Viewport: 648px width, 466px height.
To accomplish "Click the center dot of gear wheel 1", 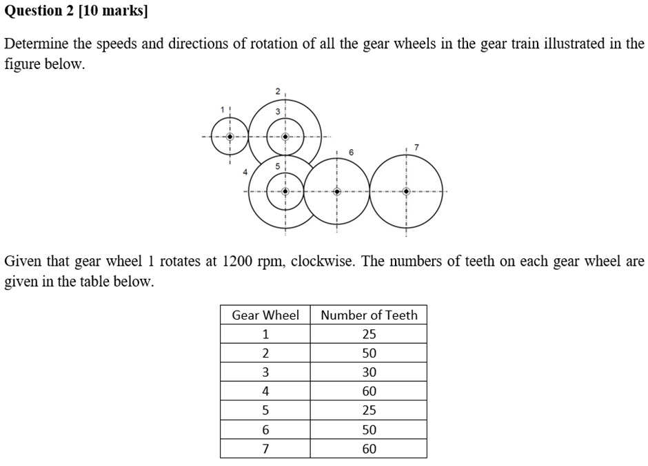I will pyautogui.click(x=230, y=137).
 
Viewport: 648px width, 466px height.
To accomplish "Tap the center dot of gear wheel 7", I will pyautogui.click(x=406, y=191).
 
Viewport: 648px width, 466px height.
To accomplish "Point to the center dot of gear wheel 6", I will pyautogui.click(x=336, y=191).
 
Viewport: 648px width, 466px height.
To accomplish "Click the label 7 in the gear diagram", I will pyautogui.click(x=415, y=146).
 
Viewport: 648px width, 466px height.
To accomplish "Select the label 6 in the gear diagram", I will pyautogui.click(x=351, y=151).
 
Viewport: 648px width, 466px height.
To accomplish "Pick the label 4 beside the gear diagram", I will pyautogui.click(x=245, y=172).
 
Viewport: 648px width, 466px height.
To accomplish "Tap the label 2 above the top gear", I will pyautogui.click(x=278, y=91).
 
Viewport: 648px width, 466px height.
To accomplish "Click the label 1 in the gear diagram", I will pyautogui.click(x=223, y=109).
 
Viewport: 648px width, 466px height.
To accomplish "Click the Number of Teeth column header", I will pyautogui.click(x=369, y=315).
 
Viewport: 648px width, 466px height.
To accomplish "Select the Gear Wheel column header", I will pyautogui.click(x=265, y=315).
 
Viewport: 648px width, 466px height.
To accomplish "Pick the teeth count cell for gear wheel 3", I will pyautogui.click(x=369, y=372).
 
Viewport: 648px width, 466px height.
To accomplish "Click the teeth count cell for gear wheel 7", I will pyautogui.click(x=369, y=449).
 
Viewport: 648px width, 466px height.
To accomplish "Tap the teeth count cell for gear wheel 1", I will pyautogui.click(x=369, y=334).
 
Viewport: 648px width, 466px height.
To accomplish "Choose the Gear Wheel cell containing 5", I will pyautogui.click(x=265, y=410).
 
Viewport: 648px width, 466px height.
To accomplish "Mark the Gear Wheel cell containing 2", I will pyautogui.click(x=265, y=353).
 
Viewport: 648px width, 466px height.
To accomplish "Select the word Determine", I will pyautogui.click(x=35, y=44).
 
